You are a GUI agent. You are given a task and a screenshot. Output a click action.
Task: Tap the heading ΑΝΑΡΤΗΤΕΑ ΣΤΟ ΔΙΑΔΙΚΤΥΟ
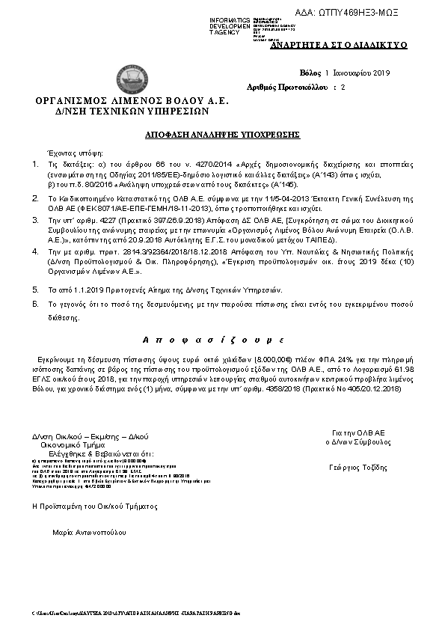(x=354, y=45)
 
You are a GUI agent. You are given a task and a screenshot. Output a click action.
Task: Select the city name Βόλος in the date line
(x=310, y=73)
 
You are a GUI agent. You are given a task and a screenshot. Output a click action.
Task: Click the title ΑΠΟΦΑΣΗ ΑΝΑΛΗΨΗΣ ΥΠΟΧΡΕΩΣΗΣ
(x=222, y=134)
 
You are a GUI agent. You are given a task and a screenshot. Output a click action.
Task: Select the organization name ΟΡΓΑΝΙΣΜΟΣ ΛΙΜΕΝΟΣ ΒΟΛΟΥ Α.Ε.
(x=132, y=100)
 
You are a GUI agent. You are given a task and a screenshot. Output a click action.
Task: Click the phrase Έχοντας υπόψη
(x=68, y=150)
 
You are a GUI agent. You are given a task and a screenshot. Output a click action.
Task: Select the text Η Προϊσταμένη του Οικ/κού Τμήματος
(x=94, y=507)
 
